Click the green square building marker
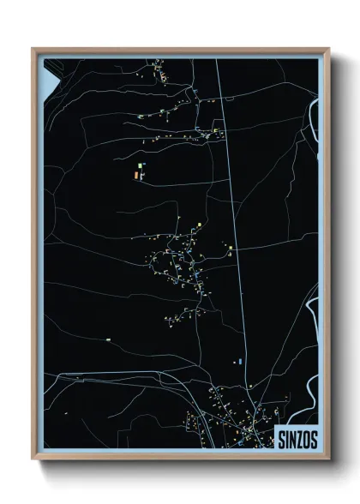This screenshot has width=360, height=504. [136, 163]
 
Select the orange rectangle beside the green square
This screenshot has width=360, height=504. [135, 174]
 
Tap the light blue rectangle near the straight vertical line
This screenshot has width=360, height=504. [240, 363]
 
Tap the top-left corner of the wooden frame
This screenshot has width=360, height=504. [33, 49]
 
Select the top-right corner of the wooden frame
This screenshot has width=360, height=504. [328, 49]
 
